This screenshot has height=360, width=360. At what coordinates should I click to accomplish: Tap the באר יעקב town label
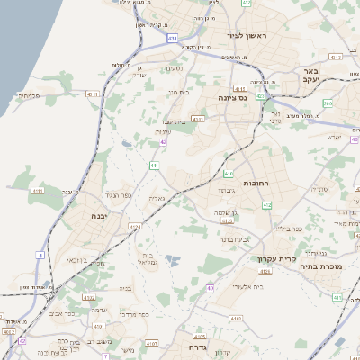pos(311,76)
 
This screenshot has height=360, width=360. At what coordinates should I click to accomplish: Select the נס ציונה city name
pos(238,97)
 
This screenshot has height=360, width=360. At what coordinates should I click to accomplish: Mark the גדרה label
pos(199,346)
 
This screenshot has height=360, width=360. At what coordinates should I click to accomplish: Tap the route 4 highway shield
pos(40,256)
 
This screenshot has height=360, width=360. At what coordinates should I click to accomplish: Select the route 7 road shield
pos(105,355)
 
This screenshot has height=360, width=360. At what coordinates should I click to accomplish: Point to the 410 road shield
pos(229,173)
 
